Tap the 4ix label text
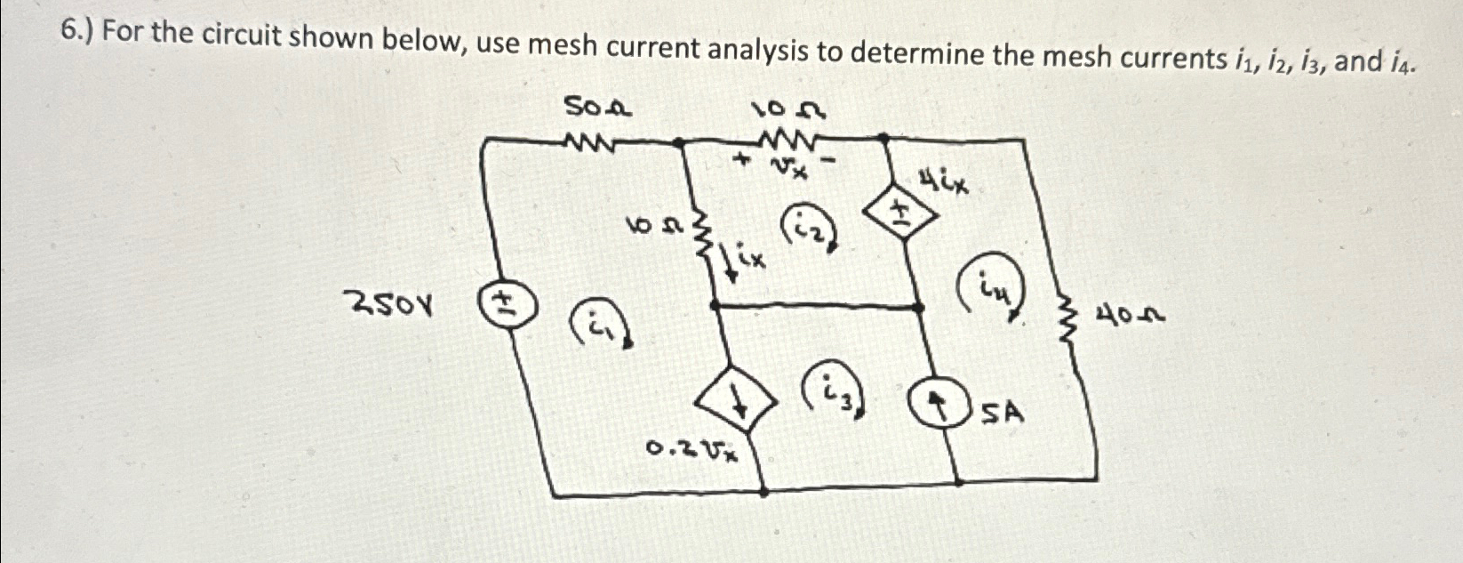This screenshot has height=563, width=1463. pos(945,185)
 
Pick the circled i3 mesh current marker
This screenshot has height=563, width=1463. pos(835,390)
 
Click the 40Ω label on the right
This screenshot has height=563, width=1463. pos(1131,315)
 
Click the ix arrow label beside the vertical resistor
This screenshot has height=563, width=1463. pos(742,261)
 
